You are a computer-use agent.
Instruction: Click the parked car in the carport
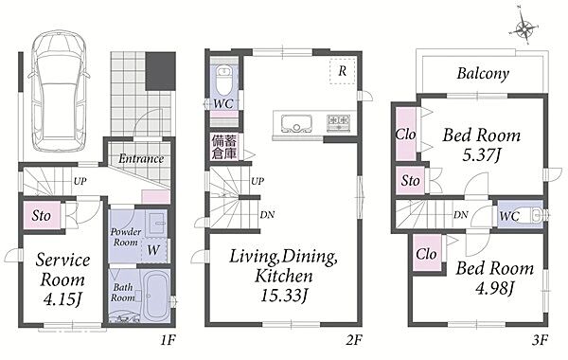(x=59, y=91)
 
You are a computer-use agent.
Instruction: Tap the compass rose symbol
(x=524, y=27)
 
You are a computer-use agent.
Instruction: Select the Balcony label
(x=483, y=74)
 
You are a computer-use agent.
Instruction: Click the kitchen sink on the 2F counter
(x=296, y=123)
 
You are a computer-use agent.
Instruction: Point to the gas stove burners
(x=338, y=122)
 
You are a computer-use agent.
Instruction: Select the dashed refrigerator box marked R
(x=342, y=71)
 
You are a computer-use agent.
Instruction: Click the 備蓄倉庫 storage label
(x=224, y=147)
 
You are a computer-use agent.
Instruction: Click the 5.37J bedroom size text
(x=482, y=155)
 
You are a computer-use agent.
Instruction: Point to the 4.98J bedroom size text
(x=494, y=288)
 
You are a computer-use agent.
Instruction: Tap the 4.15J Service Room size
(x=63, y=299)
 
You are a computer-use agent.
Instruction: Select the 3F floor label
(x=540, y=340)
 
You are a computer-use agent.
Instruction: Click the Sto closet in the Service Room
(x=42, y=216)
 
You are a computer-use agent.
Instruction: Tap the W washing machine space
(x=153, y=250)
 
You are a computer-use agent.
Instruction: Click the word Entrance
(x=141, y=159)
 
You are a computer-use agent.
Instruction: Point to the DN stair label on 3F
(x=461, y=215)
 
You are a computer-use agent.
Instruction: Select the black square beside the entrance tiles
(x=161, y=71)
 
